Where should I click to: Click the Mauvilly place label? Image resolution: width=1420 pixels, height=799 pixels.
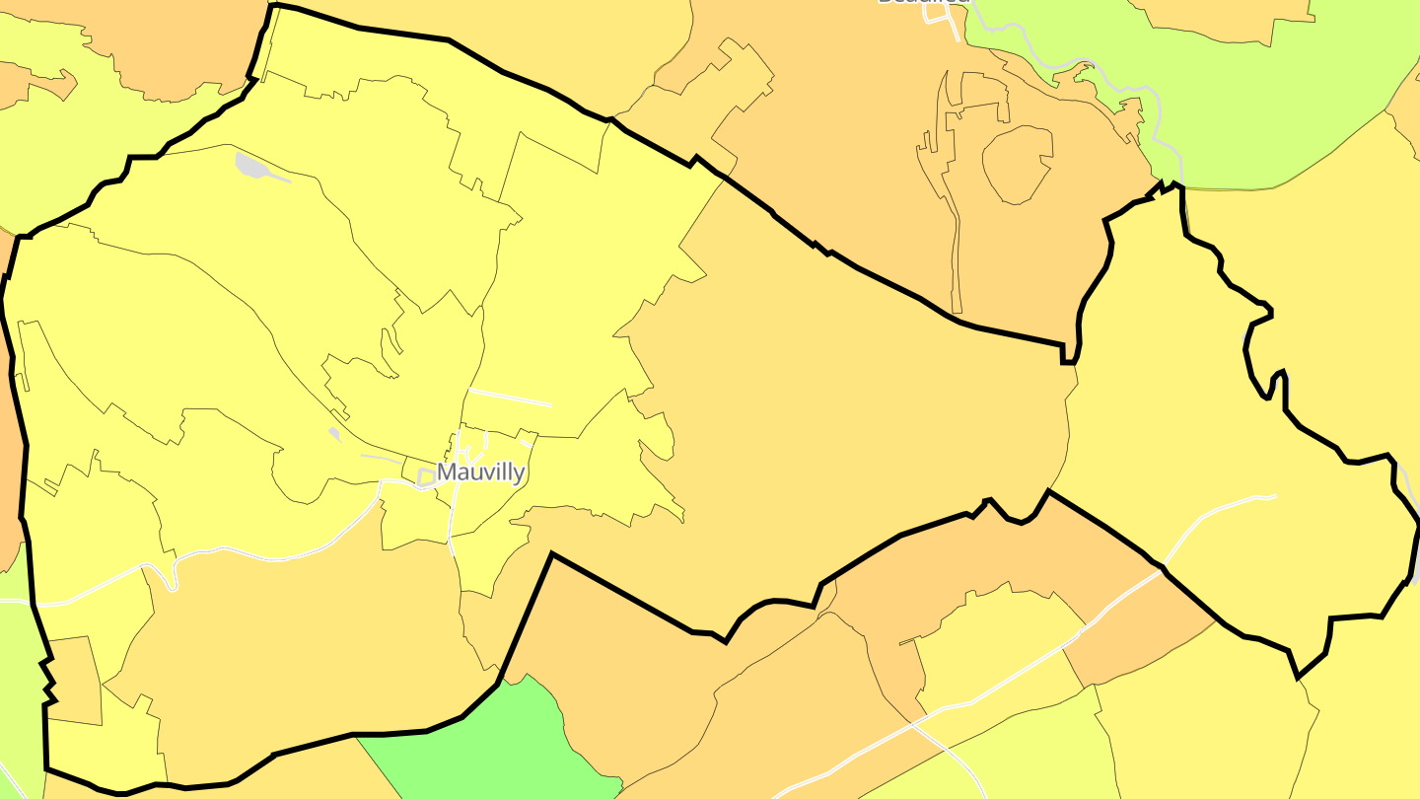[x=480, y=472]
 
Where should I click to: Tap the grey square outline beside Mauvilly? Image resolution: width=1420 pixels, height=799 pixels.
[x=426, y=477]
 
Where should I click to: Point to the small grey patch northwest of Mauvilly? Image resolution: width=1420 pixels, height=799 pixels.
[x=334, y=433]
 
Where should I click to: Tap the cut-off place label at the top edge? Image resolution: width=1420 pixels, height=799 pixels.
[x=923, y=3]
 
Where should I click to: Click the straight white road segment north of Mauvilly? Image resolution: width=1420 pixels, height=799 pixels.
[x=509, y=397]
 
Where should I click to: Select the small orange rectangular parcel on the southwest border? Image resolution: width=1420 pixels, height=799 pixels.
[x=75, y=681]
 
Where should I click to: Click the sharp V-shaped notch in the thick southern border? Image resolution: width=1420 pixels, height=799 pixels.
[x=551, y=555]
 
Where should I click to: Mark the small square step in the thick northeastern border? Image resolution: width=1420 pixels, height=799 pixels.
[x=1068, y=355]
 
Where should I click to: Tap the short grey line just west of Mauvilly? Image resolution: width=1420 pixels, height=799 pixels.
[x=380, y=458]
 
